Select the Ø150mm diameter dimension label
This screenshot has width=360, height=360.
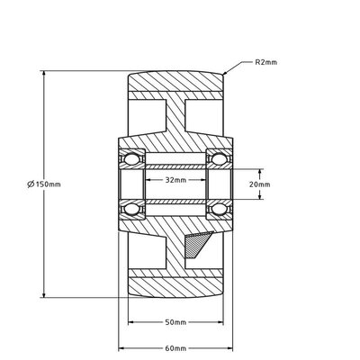[45, 184]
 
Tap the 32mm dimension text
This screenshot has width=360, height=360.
[175, 180]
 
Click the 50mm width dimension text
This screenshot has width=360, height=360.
[175, 321]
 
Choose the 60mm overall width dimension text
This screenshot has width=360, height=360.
[175, 347]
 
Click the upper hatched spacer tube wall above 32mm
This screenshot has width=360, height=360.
[175, 166]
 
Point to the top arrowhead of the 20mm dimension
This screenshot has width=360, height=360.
[262, 170]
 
